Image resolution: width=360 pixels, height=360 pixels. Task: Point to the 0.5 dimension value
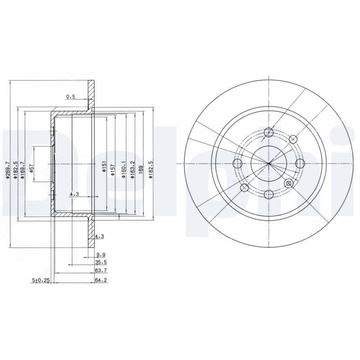coord(71,96)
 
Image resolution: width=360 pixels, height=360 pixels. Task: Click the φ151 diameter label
coord(103,167)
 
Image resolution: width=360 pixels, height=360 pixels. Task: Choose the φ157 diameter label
coord(113,170)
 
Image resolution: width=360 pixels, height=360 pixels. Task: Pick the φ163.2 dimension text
coord(132,170)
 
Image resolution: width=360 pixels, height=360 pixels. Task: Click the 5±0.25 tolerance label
coord(40,279)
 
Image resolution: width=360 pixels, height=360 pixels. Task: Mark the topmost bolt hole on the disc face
coord(269,132)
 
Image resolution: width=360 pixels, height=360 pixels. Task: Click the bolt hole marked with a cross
coord(289,183)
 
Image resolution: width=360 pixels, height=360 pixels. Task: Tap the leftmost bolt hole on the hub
coord(238,163)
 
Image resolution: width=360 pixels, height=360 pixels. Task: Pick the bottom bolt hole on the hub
coord(269,194)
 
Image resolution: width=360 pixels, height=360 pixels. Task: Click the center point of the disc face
coord(269,163)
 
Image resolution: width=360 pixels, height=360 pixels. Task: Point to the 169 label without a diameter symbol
coord(141,170)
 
